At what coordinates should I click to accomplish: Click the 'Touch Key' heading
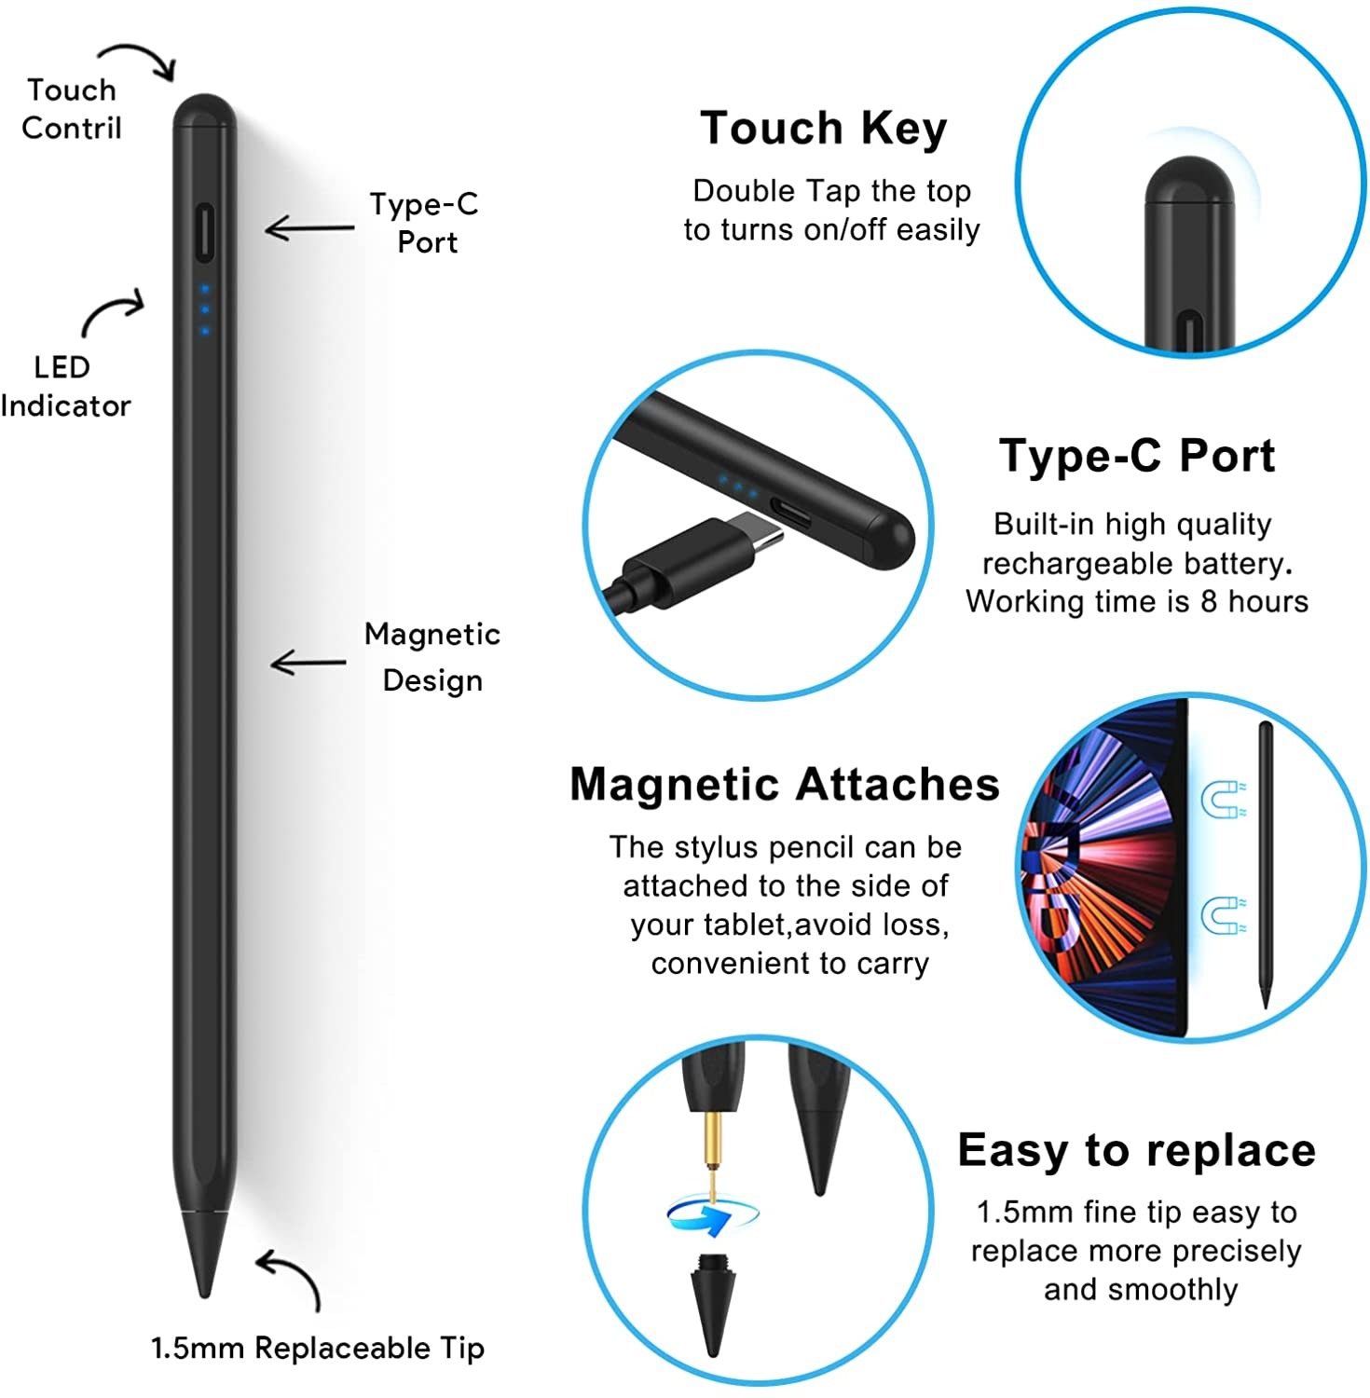[824, 129]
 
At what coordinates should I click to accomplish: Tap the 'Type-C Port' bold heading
[1137, 456]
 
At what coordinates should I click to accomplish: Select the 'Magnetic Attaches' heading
[785, 784]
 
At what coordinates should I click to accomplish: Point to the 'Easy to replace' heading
[1136, 1151]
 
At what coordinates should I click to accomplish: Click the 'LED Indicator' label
[65, 386]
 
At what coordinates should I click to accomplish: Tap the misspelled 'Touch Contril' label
[72, 108]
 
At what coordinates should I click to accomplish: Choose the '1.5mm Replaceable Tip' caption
[318, 1348]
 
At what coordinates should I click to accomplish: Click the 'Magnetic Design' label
[432, 656]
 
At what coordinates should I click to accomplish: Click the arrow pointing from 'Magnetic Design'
[308, 663]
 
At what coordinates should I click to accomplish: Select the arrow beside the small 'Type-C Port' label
[309, 228]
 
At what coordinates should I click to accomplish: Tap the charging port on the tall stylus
[204, 232]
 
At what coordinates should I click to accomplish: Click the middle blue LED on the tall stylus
[205, 309]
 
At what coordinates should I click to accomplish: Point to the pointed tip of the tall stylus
[204, 1295]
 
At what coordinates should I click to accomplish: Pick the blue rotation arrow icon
[713, 1214]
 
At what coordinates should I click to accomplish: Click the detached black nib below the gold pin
[713, 1305]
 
